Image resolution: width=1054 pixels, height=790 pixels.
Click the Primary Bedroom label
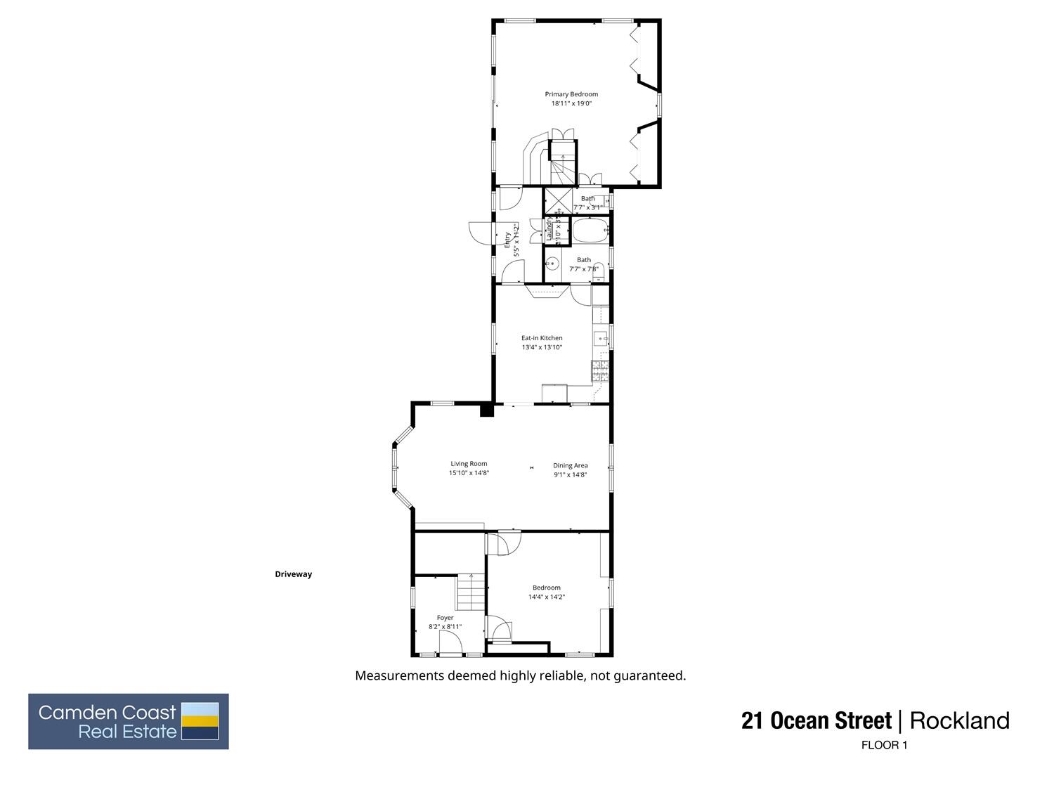pos(571,94)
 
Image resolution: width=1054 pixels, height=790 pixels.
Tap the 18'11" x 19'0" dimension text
pos(571,103)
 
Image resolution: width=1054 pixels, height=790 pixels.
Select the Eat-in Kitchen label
pos(542,338)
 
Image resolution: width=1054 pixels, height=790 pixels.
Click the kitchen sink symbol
pos(601,338)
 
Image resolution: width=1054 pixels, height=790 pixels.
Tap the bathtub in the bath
pos(589,230)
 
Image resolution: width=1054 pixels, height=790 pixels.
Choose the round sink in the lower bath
pos(554,264)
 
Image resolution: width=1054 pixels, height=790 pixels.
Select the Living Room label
pos(469,464)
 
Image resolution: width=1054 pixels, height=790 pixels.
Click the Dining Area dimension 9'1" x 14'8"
pos(570,474)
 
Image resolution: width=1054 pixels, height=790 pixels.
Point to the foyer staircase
pos(471,592)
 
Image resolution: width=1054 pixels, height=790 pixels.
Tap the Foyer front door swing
pos(450,642)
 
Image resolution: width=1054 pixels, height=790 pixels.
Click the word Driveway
pos(293,574)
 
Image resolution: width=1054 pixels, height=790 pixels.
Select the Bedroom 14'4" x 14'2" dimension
pos(547,597)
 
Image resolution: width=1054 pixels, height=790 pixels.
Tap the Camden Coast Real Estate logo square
pos(200,721)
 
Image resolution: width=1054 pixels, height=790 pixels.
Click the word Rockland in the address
pos(959,721)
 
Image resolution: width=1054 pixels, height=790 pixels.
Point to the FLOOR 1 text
pos(884,746)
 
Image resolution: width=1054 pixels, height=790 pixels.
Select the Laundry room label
pos(549,230)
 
